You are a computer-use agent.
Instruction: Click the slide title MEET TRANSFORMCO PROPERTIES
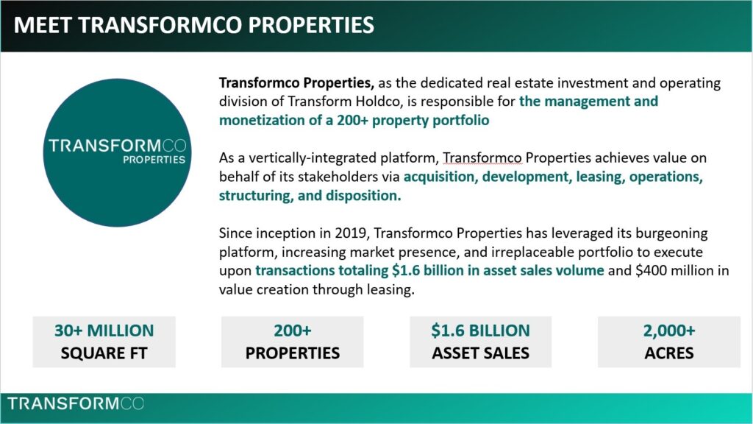click(x=194, y=25)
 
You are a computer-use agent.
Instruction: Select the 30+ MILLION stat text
click(x=104, y=331)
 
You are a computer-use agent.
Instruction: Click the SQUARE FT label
click(x=104, y=353)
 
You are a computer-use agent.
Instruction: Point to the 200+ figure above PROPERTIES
click(x=292, y=331)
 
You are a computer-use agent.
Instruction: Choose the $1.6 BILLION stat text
click(x=480, y=331)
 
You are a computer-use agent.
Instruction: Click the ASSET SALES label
click(x=480, y=353)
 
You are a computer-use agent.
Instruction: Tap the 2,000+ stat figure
click(x=668, y=331)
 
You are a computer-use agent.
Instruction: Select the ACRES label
click(x=668, y=353)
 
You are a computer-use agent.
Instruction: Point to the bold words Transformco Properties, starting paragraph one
click(x=297, y=83)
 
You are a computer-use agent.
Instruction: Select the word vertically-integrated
click(x=294, y=158)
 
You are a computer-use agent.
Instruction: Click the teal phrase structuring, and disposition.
click(x=310, y=196)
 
